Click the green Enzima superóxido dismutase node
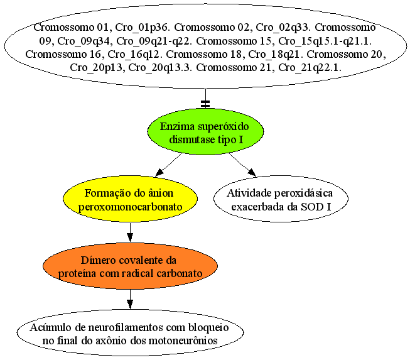[x=205, y=131]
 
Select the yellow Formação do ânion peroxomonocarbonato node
[x=130, y=199]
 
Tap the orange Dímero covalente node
[x=130, y=266]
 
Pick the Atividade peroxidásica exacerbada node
[x=281, y=199]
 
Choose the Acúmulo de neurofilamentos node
[x=130, y=333]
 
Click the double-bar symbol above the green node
[x=205, y=104]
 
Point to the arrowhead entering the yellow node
[x=159, y=172]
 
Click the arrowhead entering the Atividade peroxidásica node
[x=252, y=172]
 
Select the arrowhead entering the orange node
[x=130, y=237]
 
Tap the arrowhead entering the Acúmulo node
[x=130, y=304]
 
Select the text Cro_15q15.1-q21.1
[x=325, y=41]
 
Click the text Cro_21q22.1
[x=310, y=68]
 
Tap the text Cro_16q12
[x=135, y=55]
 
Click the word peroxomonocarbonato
[x=130, y=207]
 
